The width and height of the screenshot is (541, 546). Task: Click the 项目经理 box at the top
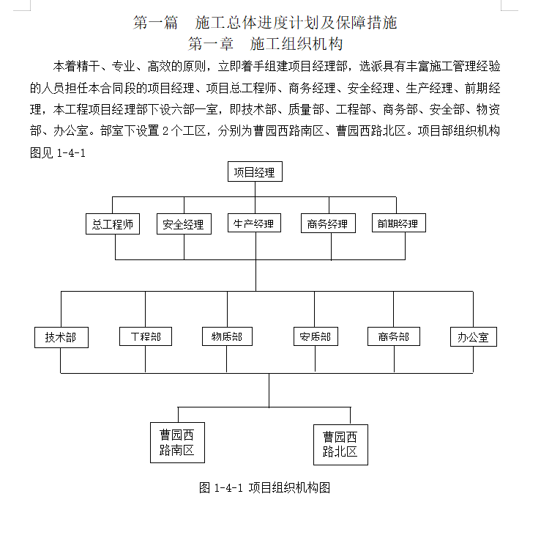(255, 171)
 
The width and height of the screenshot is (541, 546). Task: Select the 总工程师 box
(113, 224)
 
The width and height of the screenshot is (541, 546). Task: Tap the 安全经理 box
(184, 224)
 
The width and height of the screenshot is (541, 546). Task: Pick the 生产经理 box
(254, 223)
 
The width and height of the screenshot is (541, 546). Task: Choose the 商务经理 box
(328, 224)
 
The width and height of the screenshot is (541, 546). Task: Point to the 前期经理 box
(399, 223)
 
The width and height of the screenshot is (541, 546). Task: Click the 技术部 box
(61, 337)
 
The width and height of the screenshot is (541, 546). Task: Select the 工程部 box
(146, 336)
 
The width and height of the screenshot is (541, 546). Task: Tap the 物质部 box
(227, 336)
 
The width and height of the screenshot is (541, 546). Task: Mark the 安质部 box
(316, 336)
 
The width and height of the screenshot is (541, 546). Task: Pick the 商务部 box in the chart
(394, 336)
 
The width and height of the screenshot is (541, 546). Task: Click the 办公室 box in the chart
(474, 336)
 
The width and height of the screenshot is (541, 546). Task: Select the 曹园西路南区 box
(177, 443)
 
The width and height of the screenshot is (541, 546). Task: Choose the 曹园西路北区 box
(340, 445)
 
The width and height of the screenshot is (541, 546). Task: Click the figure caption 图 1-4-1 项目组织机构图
(264, 487)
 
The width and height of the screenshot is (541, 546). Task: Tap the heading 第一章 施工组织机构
(266, 44)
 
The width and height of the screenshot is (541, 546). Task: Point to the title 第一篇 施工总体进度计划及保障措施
(265, 23)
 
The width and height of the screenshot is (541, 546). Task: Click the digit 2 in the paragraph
(165, 131)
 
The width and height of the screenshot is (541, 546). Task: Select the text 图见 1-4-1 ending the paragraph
(58, 153)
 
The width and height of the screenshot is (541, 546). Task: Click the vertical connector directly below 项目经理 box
(255, 189)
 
